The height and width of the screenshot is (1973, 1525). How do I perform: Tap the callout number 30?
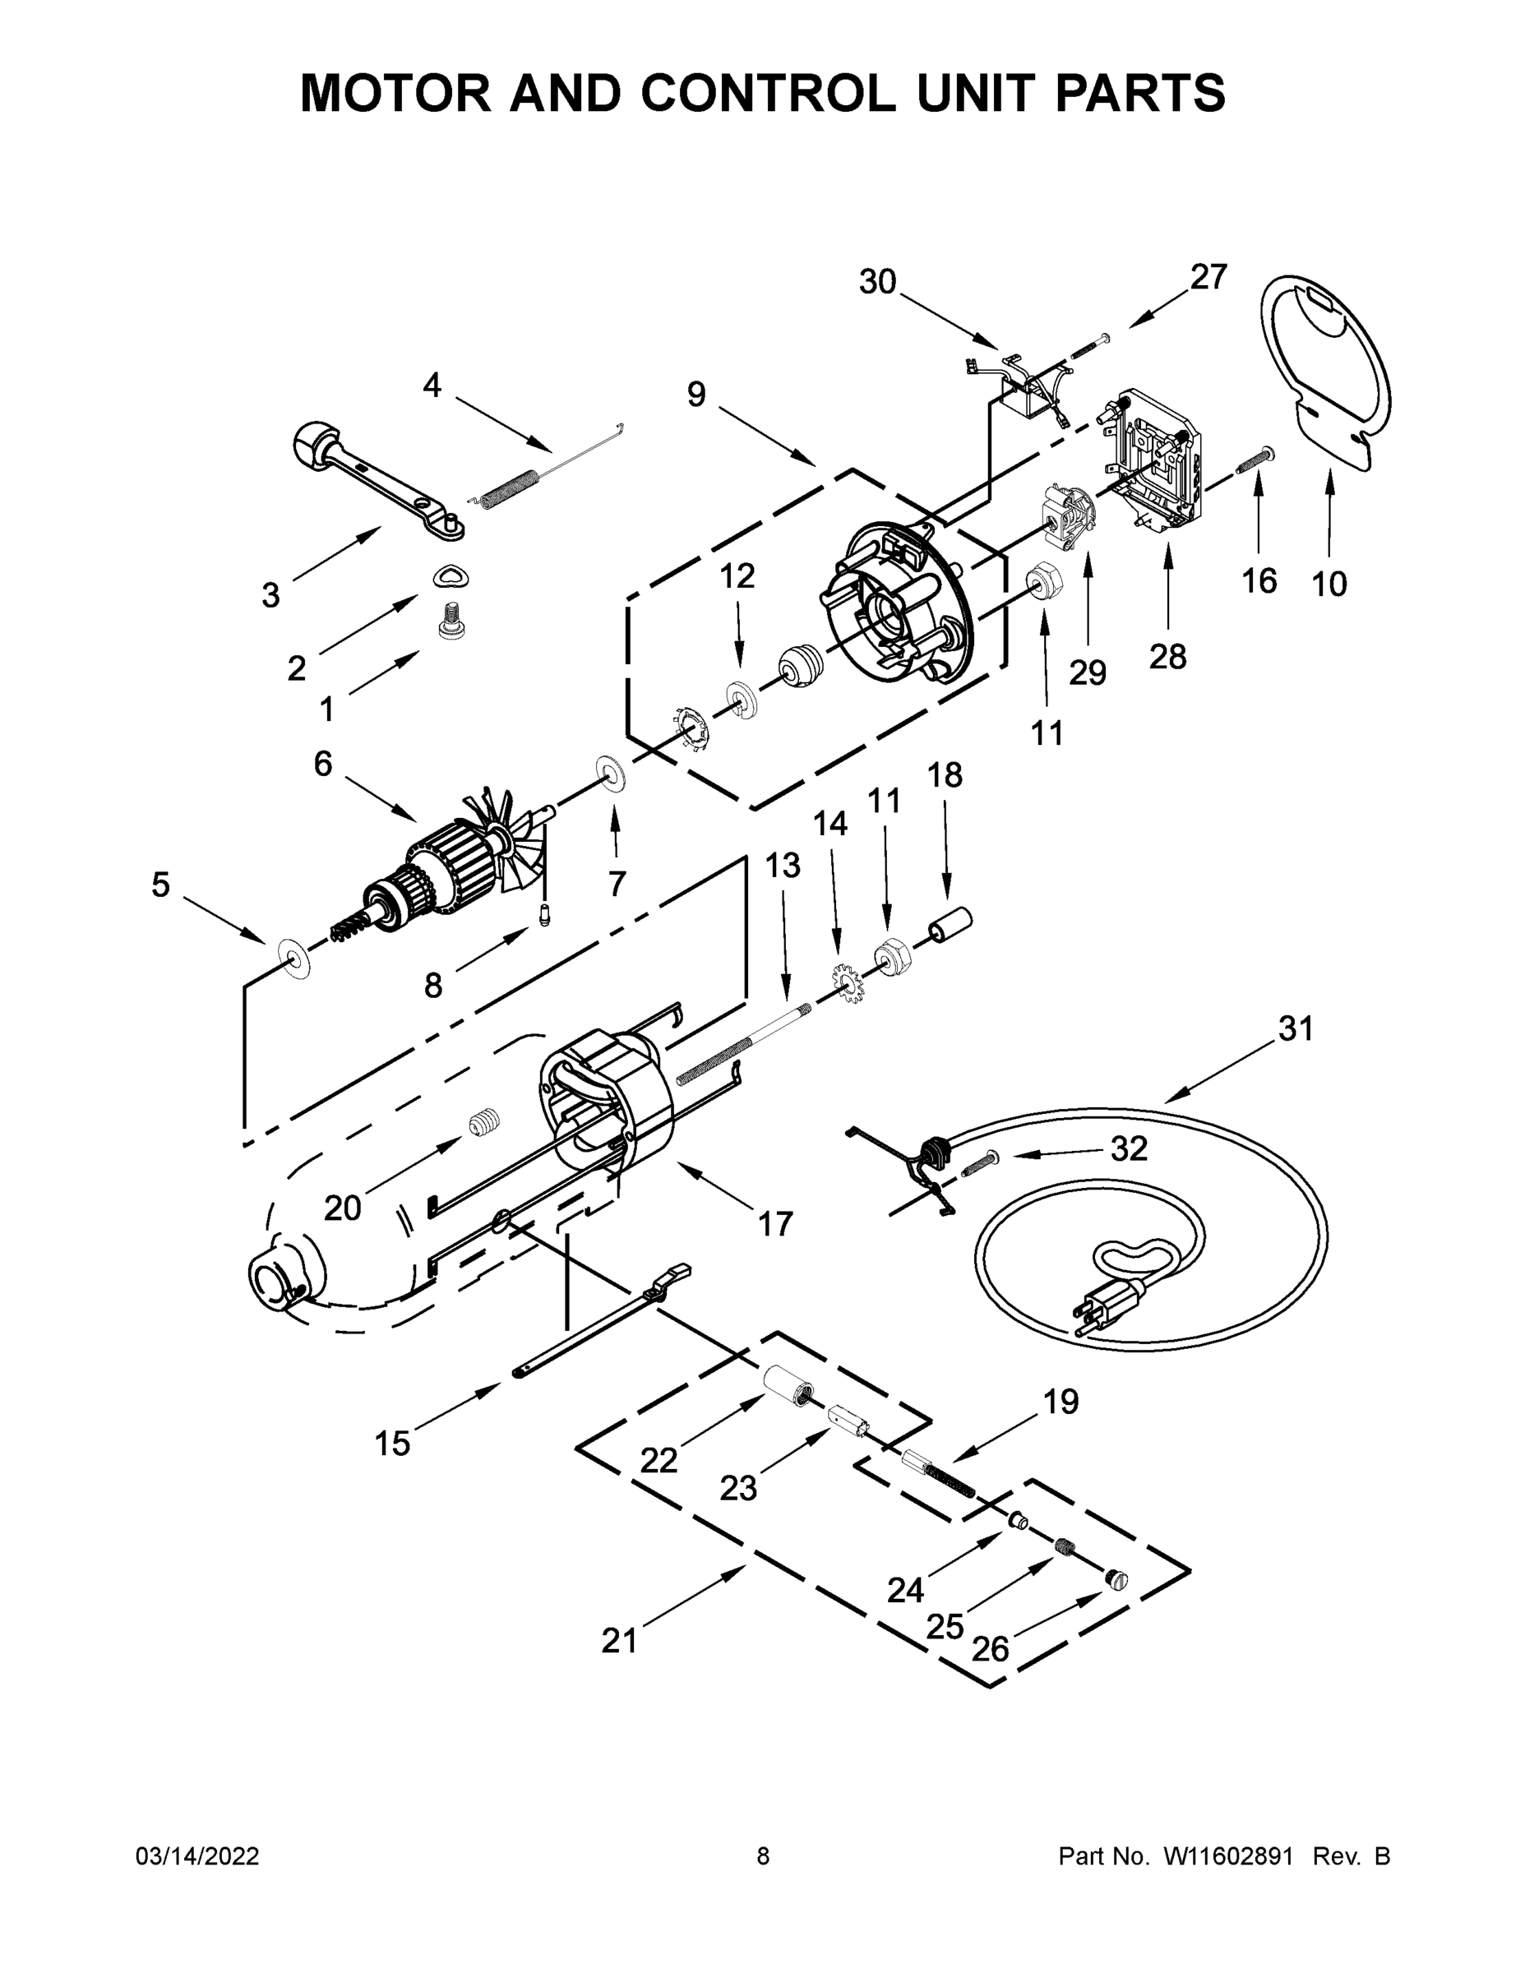(x=876, y=282)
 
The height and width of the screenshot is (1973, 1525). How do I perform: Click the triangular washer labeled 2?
(x=451, y=577)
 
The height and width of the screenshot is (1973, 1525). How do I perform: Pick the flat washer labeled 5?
(x=293, y=957)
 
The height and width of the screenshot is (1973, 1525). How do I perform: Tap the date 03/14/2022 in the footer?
(x=197, y=1856)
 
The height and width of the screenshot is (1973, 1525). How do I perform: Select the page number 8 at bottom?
(x=764, y=1856)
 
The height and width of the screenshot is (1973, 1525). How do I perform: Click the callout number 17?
(x=774, y=1224)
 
